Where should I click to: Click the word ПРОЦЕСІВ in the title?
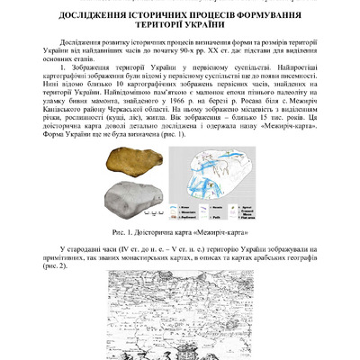pos(216,17)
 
